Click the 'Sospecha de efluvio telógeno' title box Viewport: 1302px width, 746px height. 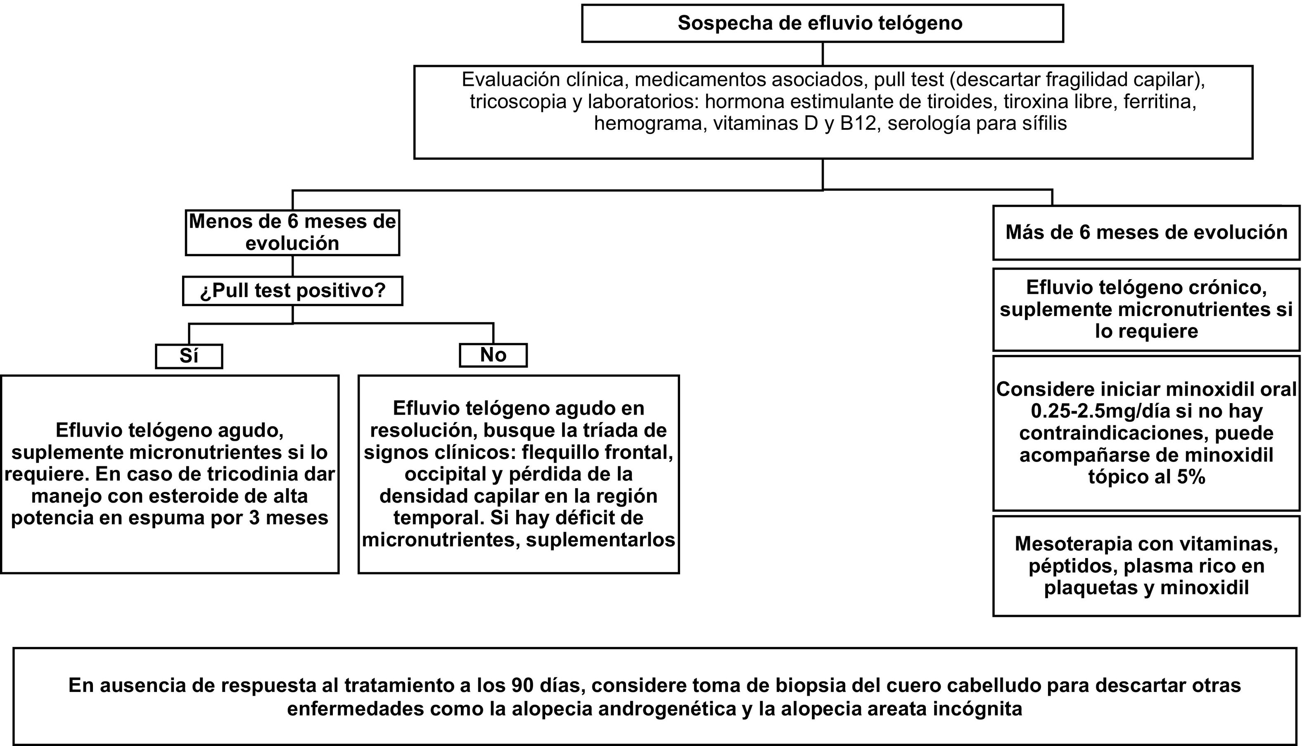coord(822,24)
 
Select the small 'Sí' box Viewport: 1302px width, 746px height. coord(189,356)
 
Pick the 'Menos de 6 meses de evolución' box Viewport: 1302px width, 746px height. coord(292,232)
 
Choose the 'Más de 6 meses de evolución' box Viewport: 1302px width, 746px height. coord(1146,233)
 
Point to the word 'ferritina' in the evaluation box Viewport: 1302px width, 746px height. coord(1160,102)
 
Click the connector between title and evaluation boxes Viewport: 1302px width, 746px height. coord(823,54)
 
